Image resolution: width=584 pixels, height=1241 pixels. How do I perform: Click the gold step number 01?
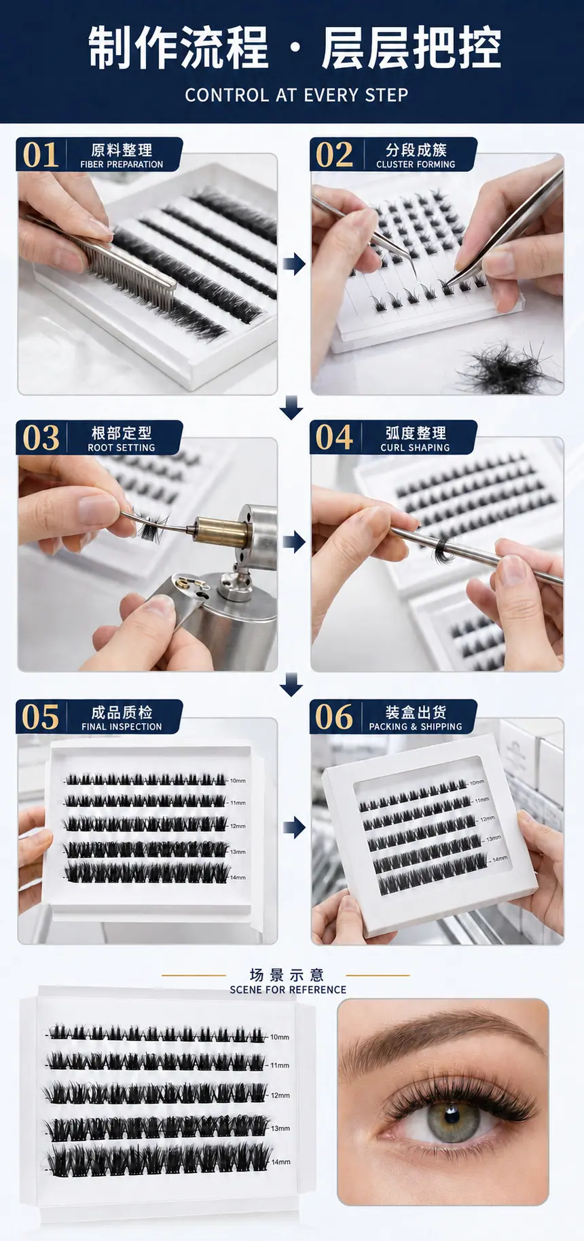[41, 155]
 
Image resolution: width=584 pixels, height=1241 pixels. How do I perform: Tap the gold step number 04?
[334, 438]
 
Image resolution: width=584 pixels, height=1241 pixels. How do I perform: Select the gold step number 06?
[334, 718]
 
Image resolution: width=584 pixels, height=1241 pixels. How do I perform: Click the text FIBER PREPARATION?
[122, 164]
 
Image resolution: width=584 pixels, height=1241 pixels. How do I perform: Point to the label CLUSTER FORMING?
[416, 164]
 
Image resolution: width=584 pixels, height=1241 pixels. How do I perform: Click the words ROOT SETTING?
[122, 448]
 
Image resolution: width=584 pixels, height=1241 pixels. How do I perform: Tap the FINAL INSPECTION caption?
[122, 726]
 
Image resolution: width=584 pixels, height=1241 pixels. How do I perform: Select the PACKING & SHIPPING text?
[416, 726]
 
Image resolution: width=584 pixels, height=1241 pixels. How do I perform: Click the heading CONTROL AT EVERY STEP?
[297, 95]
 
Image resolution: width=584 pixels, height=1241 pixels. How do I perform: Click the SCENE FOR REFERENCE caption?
[288, 990]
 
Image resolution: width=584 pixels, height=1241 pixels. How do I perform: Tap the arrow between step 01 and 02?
[294, 263]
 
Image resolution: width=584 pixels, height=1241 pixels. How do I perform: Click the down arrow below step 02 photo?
[291, 408]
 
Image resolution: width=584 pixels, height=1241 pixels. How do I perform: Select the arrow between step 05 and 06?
[294, 827]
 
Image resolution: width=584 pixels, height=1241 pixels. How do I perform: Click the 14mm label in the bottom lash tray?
[281, 1162]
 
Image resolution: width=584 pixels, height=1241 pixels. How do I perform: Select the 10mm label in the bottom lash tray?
[280, 1037]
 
